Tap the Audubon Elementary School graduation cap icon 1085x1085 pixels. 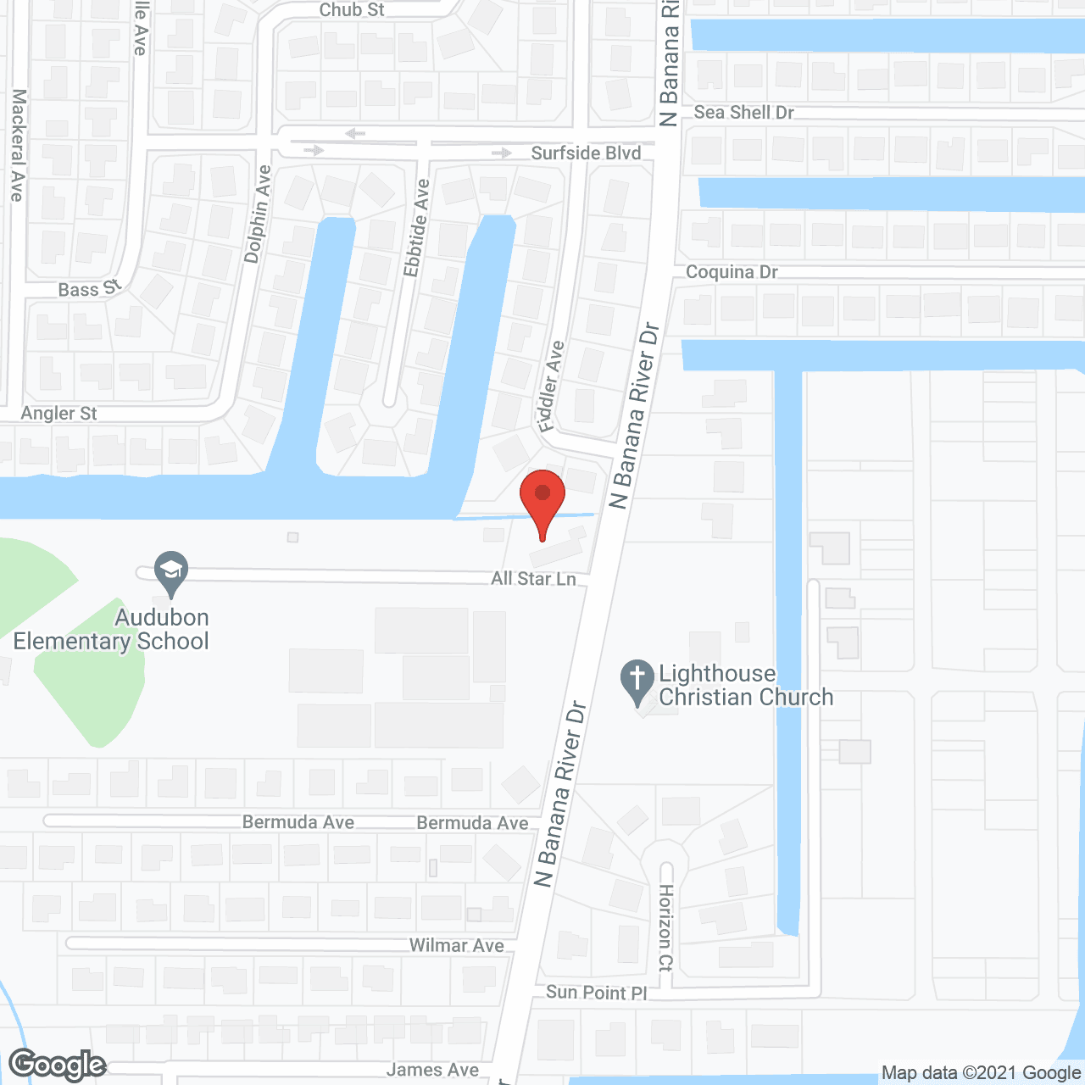[x=171, y=571]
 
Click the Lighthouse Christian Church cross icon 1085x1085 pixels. [x=637, y=680]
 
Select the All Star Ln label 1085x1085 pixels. [x=533, y=579]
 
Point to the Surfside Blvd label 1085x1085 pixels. [x=586, y=153]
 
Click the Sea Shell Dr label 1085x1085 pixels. [x=743, y=113]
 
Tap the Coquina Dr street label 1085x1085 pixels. [x=732, y=272]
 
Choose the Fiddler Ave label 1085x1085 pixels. [x=552, y=387]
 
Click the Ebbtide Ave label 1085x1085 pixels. [x=416, y=228]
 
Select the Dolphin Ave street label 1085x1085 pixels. [x=257, y=214]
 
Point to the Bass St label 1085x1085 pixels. [x=89, y=289]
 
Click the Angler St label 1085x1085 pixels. [x=59, y=414]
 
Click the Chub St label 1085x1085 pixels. [x=352, y=10]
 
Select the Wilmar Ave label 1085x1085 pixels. [x=456, y=945]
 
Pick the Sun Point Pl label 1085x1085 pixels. [x=596, y=993]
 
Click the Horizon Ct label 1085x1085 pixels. [x=666, y=927]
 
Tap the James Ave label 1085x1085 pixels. [x=432, y=1071]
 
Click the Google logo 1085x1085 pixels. [x=58, y=1065]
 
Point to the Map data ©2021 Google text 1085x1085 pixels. [x=982, y=1073]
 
